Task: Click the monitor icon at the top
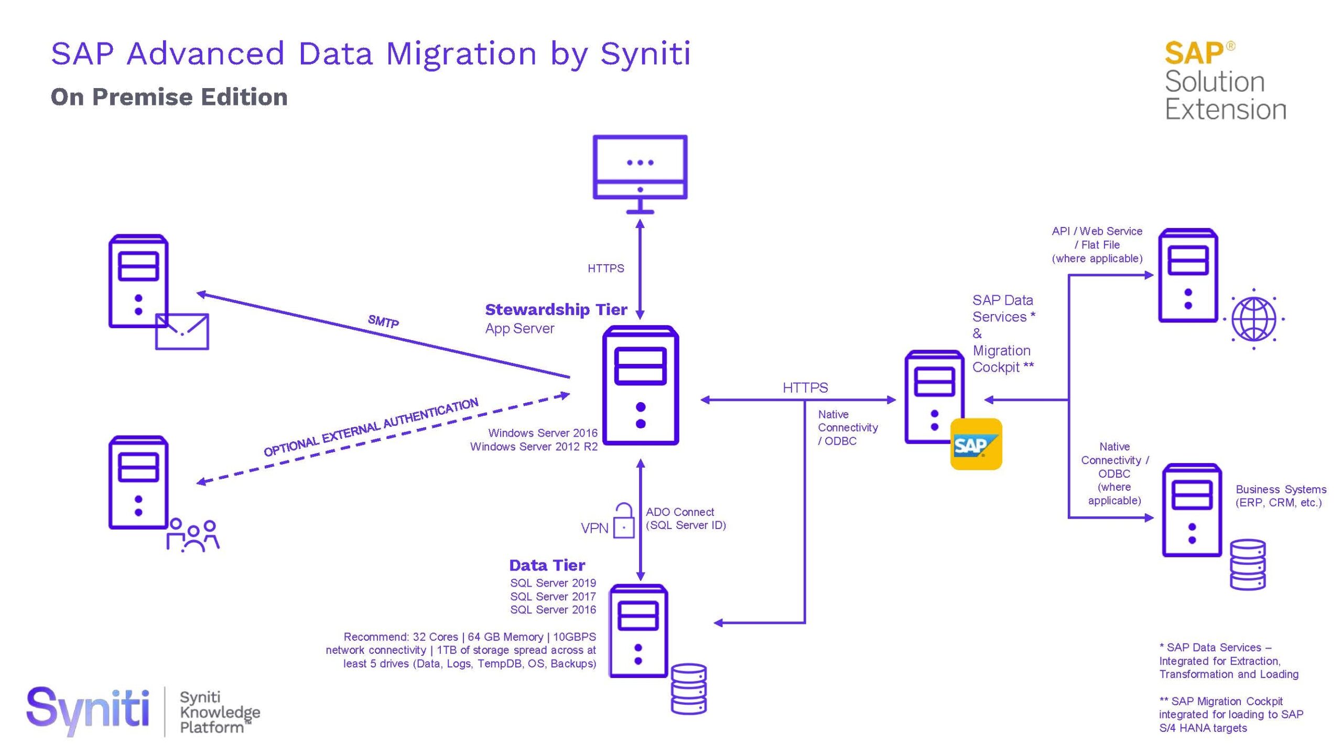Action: pos(640,173)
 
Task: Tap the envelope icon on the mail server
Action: pos(182,331)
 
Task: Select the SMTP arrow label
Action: pos(383,321)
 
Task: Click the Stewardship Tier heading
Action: pos(556,310)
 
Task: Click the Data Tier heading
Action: pos(547,565)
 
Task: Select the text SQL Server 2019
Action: pos(553,583)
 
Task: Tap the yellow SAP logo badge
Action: pos(976,444)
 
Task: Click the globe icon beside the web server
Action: pos(1253,319)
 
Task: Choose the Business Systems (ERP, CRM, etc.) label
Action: pos(1280,496)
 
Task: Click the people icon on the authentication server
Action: pos(193,535)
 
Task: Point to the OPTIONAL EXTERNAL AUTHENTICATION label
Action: pos(371,427)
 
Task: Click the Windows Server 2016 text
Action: pos(543,433)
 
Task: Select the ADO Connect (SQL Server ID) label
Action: pos(685,519)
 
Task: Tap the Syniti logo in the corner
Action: pos(88,709)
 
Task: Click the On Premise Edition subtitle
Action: pos(169,97)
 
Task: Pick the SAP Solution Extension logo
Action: pos(1225,81)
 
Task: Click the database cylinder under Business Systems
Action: pos(1247,565)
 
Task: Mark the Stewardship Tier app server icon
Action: pos(640,385)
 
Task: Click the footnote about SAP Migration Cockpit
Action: pos(1230,715)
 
